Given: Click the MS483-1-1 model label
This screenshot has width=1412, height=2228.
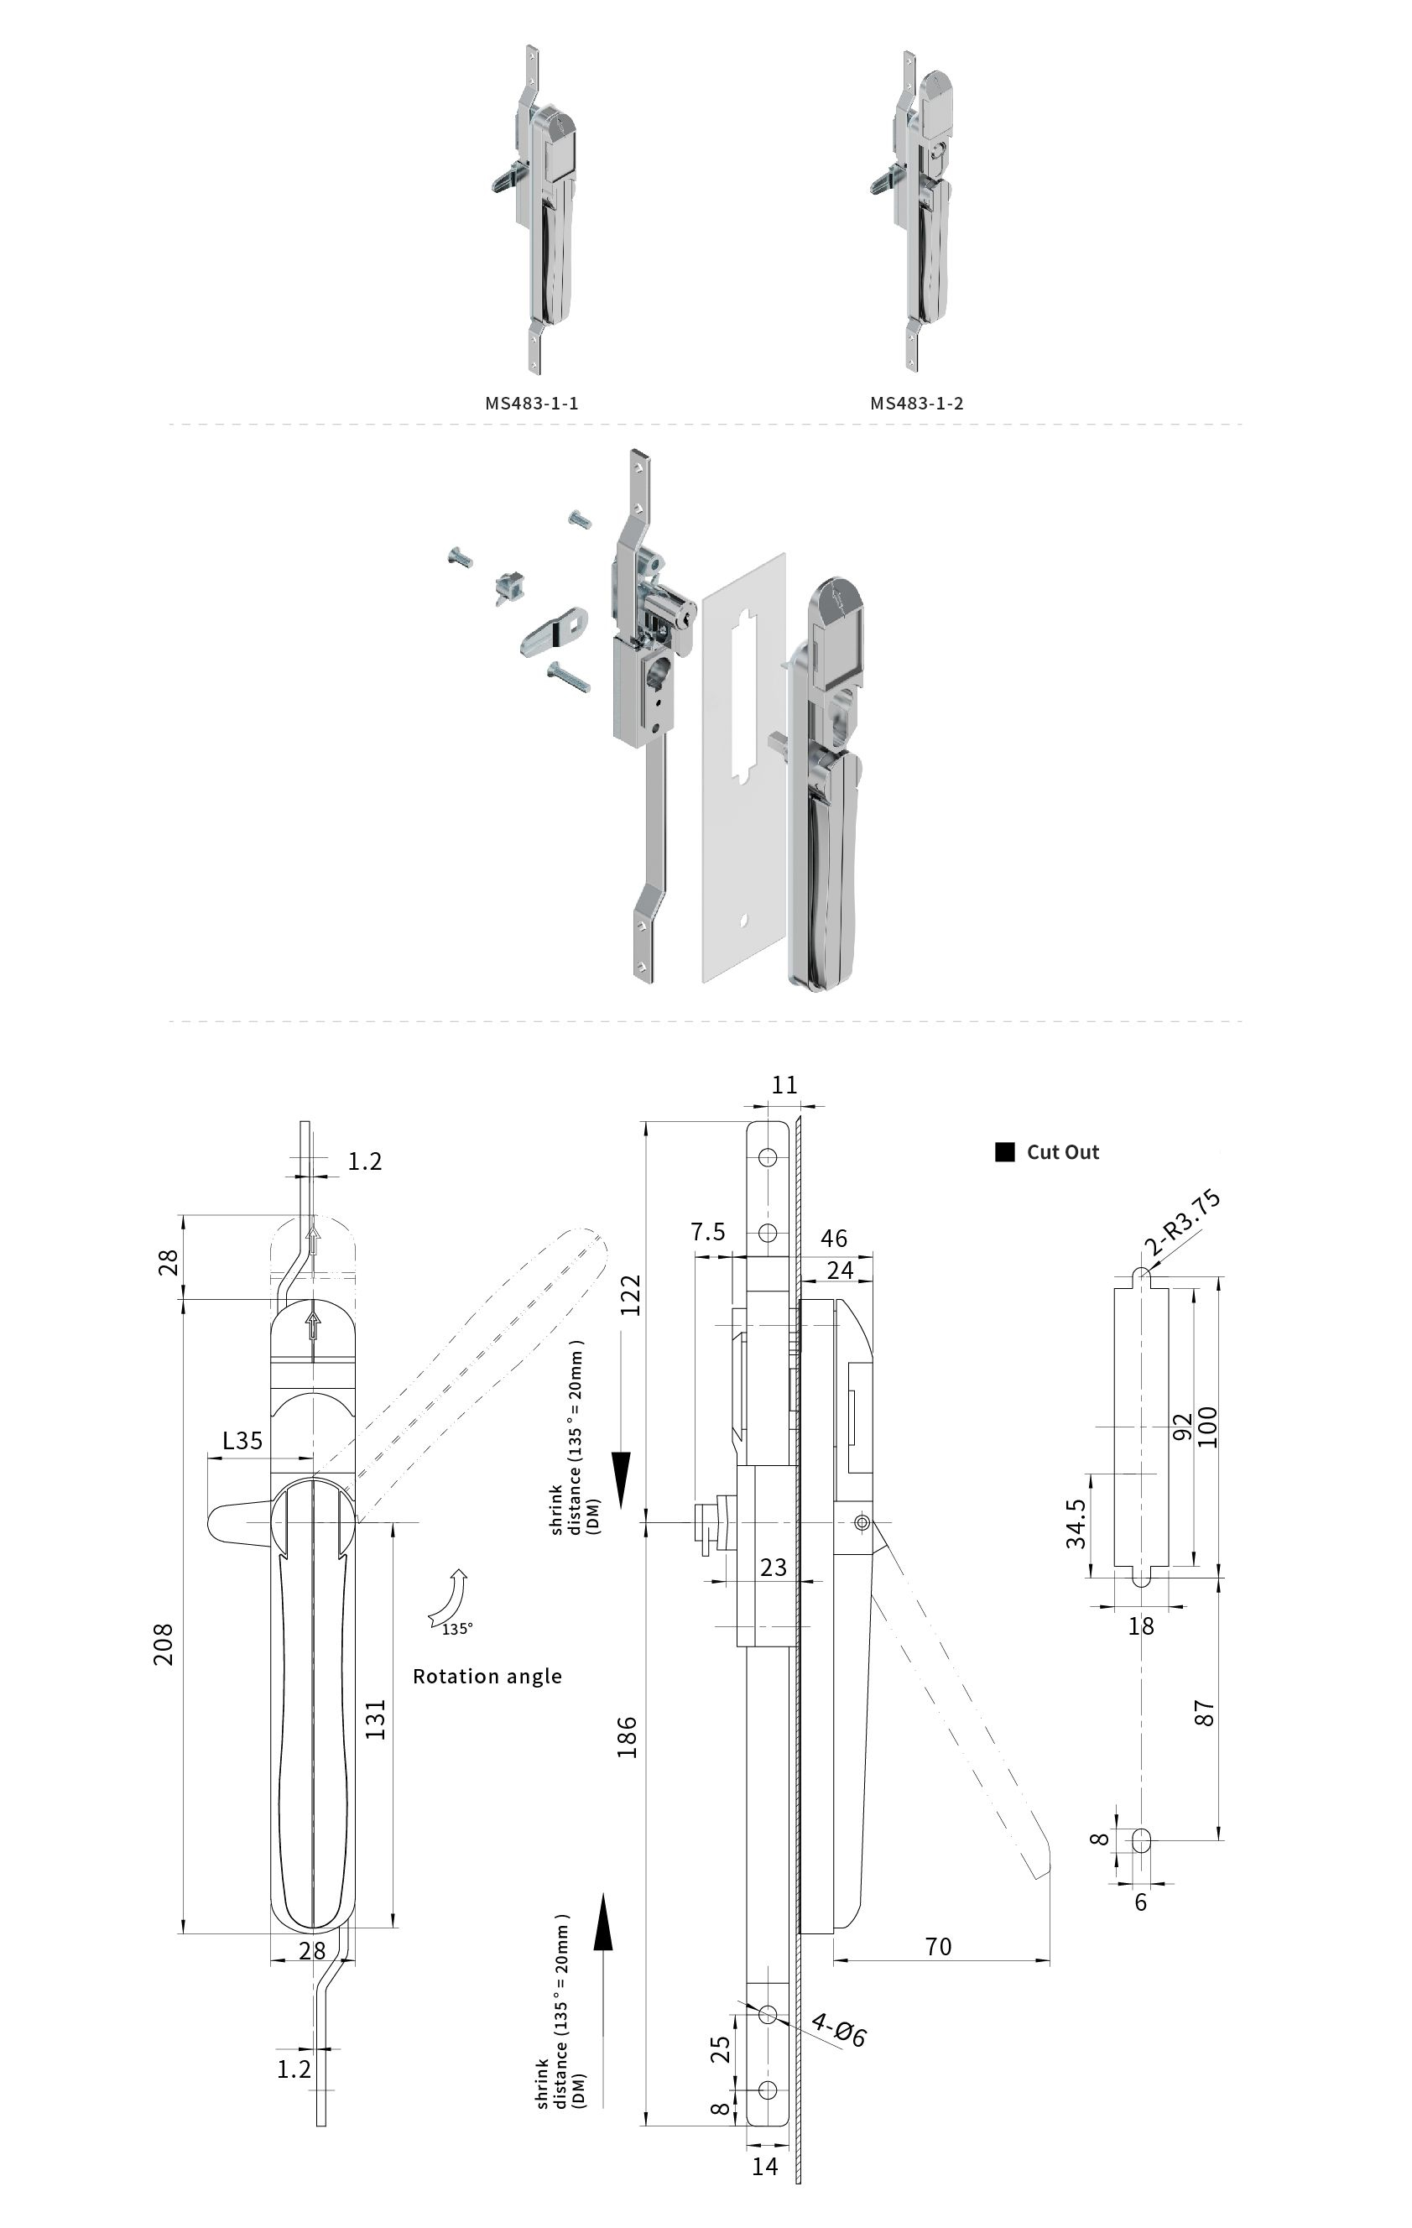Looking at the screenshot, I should (x=531, y=404).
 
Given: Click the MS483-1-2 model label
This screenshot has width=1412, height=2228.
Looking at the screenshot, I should (x=916, y=404).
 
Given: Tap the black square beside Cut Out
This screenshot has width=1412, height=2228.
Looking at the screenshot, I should (x=1004, y=1152).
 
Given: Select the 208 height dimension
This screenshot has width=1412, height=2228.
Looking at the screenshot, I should (x=164, y=1644).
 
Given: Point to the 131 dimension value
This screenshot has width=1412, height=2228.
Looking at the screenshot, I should (x=375, y=1719).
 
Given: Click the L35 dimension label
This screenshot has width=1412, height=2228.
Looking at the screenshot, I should (x=242, y=1441).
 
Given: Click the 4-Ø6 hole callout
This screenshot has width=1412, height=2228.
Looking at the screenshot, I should (x=838, y=2030).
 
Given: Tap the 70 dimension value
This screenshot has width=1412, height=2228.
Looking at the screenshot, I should (x=937, y=1947).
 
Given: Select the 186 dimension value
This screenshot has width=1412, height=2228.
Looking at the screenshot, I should (x=628, y=1737).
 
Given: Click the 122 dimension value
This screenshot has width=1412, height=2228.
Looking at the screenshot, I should (x=630, y=1296).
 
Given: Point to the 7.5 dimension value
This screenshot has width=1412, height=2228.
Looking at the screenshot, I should (x=708, y=1233).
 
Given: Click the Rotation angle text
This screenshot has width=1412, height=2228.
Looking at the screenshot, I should (x=487, y=1677).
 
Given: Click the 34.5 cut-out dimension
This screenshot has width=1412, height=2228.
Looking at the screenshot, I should (x=1076, y=1524).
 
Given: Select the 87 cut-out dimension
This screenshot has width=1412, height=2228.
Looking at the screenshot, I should (x=1204, y=1713).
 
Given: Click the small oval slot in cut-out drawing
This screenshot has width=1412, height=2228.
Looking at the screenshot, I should (x=1142, y=1840).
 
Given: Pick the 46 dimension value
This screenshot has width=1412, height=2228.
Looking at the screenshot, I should (x=834, y=1239).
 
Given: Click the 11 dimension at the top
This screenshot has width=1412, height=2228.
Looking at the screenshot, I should (x=784, y=1085).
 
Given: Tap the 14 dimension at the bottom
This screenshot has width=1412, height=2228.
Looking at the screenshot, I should (x=764, y=2167).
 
